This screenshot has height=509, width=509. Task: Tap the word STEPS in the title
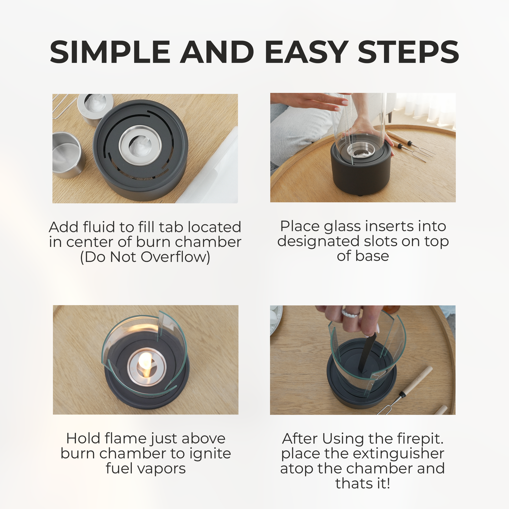[x=409, y=52]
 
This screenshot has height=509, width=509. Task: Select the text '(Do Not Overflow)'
[x=145, y=257]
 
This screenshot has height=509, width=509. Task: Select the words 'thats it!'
[x=363, y=483]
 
